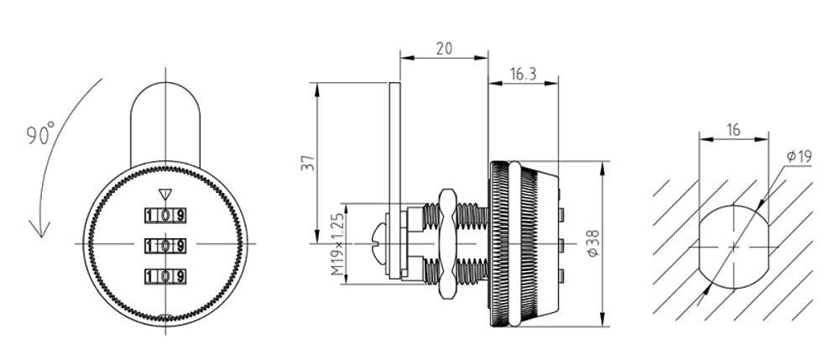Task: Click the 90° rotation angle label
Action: pos(41,133)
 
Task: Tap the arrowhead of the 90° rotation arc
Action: pos(39,229)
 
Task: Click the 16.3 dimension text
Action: pos(523,74)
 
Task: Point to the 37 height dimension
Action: pos(307,162)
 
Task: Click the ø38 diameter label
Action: pos(593,243)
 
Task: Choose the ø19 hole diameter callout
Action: pos(799,156)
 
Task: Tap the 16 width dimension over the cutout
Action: pos(733,129)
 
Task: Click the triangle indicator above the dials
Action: pos(165,195)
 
